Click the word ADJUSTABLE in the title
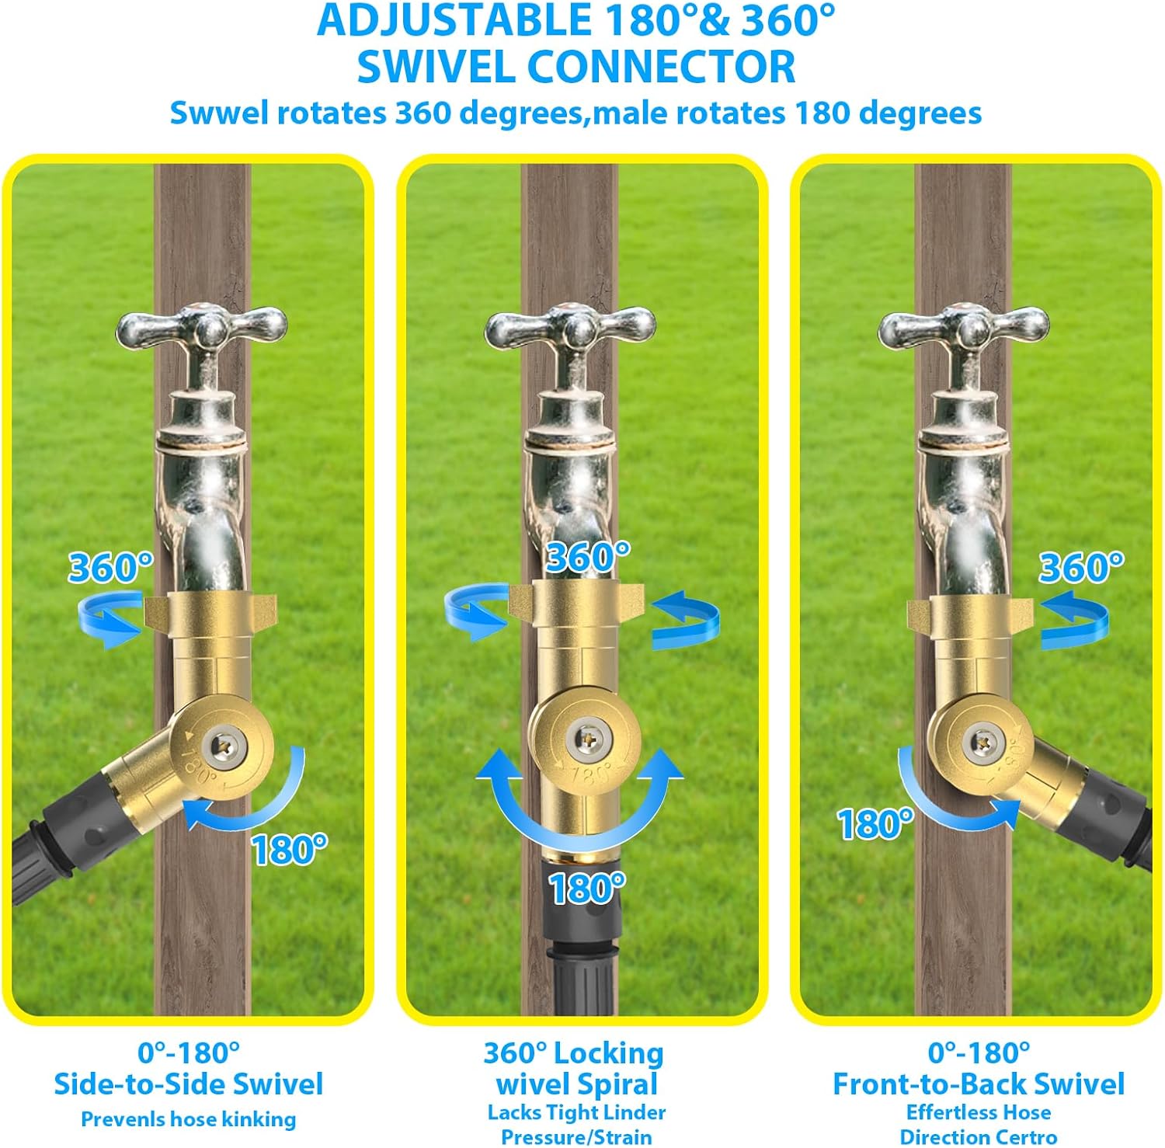click(x=455, y=20)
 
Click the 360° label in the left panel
click(x=110, y=567)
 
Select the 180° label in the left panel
click(x=289, y=850)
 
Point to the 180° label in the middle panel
click(x=586, y=888)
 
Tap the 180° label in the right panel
click(x=875, y=824)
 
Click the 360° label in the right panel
click(x=1081, y=567)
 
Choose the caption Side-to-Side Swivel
click(x=188, y=1084)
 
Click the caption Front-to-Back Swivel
click(x=979, y=1084)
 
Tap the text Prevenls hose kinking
click(x=189, y=1119)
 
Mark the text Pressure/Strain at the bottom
click(x=576, y=1137)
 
